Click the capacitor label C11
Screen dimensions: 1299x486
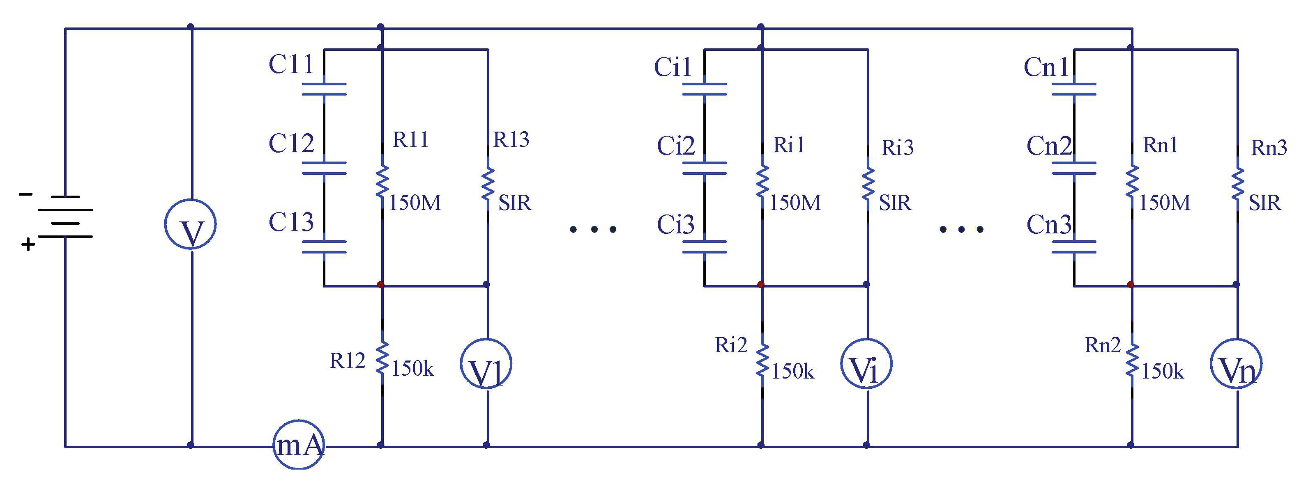pos(291,64)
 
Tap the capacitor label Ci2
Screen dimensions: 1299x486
pos(676,146)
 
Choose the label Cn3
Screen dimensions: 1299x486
pos(1049,225)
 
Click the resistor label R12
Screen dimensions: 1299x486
pos(348,361)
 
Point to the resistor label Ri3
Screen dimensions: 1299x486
pos(898,148)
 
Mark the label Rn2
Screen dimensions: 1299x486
pos(1103,345)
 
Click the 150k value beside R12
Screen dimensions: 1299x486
pos(412,369)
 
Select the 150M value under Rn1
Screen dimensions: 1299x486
pos(1164,203)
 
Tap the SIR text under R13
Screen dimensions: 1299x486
pos(515,203)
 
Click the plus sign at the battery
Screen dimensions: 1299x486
pos(28,245)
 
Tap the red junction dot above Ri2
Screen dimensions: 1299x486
pos(761,285)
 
